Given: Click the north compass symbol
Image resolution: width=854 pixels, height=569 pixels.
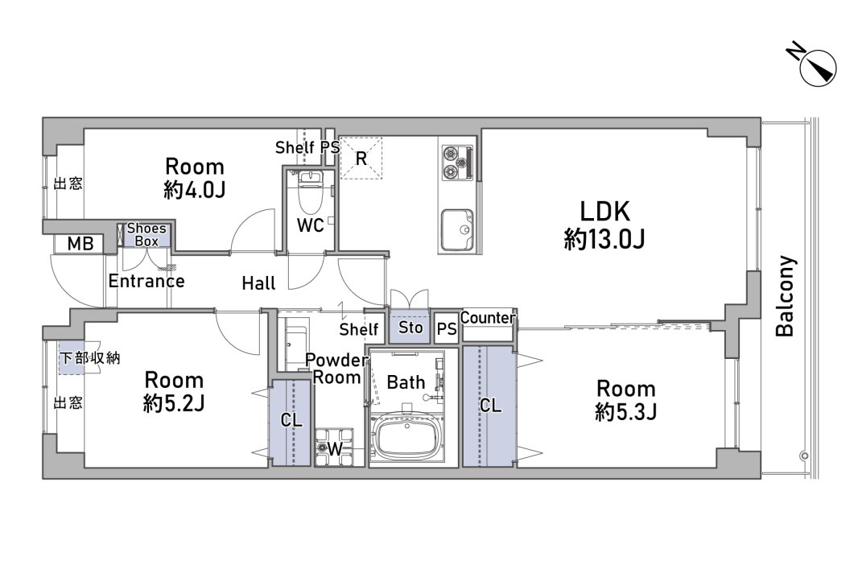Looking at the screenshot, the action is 814,66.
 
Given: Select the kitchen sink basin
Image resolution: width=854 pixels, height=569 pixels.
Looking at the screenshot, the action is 457,229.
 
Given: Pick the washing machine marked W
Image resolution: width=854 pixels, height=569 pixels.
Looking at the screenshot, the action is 334,447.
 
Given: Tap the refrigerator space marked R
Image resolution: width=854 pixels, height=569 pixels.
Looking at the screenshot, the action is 361,158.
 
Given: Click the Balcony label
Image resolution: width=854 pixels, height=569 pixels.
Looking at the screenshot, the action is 786,295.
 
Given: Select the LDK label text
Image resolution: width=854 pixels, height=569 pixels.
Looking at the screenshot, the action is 604,211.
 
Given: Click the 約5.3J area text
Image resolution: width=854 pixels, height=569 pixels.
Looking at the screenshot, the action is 625,411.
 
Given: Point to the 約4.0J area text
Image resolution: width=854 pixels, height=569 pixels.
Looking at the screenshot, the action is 195,189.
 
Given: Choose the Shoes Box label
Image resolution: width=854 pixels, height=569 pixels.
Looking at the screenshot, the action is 146,235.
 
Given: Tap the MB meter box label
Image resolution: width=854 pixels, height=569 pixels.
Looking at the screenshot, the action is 80,243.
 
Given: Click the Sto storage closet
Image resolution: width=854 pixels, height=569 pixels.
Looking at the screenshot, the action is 410,327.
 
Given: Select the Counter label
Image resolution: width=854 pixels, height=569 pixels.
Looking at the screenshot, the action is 488,317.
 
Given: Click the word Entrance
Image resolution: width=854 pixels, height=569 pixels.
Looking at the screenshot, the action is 146,281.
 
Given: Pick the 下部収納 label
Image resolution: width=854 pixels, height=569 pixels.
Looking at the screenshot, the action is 90,357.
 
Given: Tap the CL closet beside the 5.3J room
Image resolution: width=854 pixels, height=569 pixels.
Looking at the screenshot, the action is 489,406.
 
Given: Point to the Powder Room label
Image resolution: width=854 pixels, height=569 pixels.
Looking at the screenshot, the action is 336,369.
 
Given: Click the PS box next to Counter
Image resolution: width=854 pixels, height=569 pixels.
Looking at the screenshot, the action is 447,328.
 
